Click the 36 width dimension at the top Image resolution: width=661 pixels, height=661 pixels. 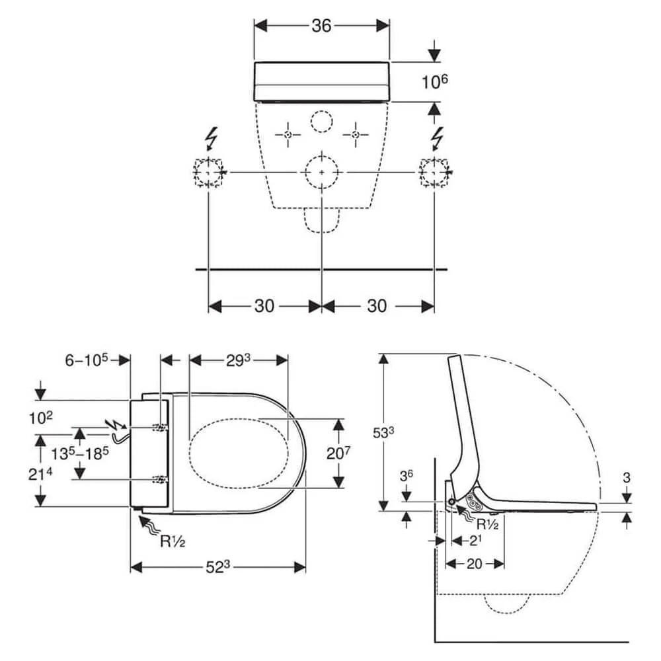[x=321, y=26]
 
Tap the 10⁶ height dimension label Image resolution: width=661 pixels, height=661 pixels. [x=435, y=81]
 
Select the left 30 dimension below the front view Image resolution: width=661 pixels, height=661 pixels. [x=264, y=305]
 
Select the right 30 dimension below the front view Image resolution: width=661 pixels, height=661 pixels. [x=377, y=305]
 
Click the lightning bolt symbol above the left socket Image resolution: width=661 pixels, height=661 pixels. [x=210, y=138]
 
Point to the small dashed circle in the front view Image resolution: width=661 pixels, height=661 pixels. [x=322, y=122]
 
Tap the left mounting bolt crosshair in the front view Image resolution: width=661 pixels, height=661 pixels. [x=288, y=135]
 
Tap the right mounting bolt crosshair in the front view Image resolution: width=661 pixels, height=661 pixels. [x=356, y=135]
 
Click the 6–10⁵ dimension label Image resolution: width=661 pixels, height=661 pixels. [x=87, y=360]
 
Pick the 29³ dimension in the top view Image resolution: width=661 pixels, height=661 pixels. [x=238, y=360]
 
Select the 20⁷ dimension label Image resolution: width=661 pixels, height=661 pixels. [x=338, y=453]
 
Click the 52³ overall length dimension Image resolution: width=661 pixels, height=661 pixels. [x=217, y=567]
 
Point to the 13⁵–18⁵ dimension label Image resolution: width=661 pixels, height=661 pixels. [x=80, y=453]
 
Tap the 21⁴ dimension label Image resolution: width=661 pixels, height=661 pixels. [x=40, y=474]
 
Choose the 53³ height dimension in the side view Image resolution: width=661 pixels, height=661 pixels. [x=383, y=433]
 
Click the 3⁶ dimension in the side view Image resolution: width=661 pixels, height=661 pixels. [x=406, y=476]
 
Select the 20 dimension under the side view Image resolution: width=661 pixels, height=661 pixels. [x=474, y=564]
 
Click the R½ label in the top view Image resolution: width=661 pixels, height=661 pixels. [x=173, y=541]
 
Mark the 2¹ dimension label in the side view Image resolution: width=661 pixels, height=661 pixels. [x=475, y=541]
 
